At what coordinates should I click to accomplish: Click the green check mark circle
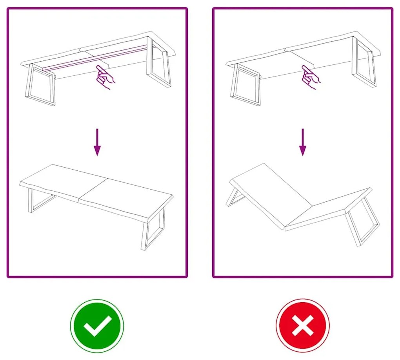tap(97, 326)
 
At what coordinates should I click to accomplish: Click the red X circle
tap(302, 326)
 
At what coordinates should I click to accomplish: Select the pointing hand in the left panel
tap(105, 76)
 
